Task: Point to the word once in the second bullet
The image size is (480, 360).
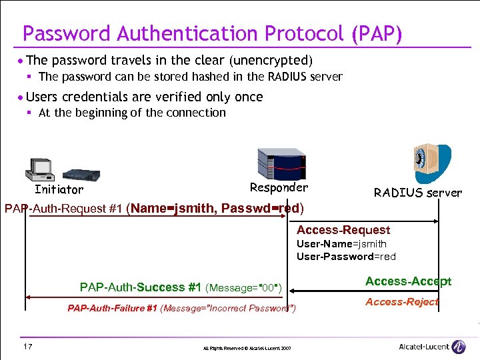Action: (249, 97)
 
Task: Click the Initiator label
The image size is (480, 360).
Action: (59, 190)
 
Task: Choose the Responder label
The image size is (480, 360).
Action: (279, 187)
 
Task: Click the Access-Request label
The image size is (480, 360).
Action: (343, 230)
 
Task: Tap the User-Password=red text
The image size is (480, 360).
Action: (346, 257)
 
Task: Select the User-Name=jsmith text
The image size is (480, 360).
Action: (341, 244)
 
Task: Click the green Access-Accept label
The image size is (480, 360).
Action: (408, 281)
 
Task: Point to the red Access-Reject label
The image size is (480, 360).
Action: (401, 302)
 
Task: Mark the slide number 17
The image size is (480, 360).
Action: (27, 346)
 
